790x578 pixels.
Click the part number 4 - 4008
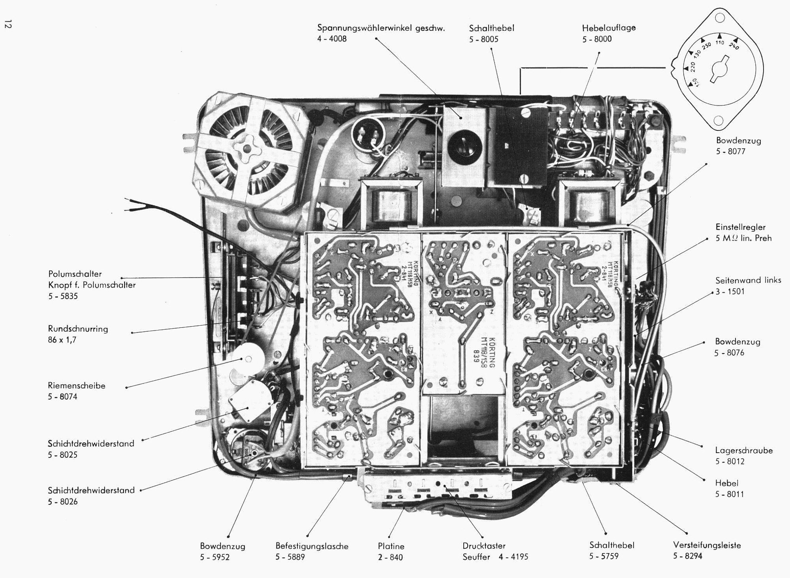[332, 39]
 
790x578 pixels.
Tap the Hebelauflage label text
[609, 28]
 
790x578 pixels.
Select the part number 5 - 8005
[483, 39]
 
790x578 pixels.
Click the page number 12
[8, 24]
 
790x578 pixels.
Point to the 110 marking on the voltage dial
[720, 43]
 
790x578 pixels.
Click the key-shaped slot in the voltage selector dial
[720, 69]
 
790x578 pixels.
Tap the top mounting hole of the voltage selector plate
[720, 18]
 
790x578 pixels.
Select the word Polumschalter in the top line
[75, 274]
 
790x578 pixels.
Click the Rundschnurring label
[78, 329]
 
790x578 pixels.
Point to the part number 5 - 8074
[62, 397]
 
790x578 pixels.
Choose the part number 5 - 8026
[62, 502]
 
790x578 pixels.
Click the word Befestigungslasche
[312, 546]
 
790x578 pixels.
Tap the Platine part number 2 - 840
[390, 557]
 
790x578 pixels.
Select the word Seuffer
[476, 557]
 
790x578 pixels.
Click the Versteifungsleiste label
[707, 545]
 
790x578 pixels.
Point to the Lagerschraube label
[744, 450]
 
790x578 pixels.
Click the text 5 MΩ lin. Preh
[743, 238]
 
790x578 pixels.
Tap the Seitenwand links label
[748, 280]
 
